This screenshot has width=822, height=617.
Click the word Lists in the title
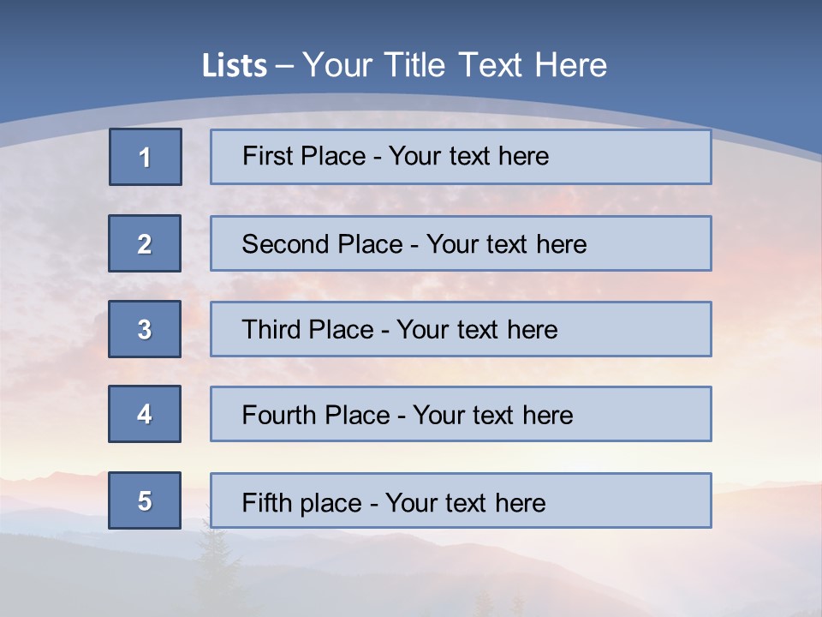235,65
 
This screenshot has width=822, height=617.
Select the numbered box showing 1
146,157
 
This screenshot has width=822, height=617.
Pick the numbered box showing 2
145,243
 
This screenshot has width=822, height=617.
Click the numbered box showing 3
145,329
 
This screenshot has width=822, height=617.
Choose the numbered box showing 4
145,414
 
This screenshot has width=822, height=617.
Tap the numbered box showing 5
145,500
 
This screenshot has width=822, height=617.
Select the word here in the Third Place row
533,330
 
